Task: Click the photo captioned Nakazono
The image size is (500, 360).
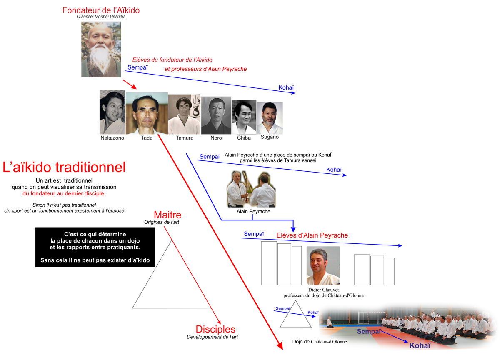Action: point(112,112)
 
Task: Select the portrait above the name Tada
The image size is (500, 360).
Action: point(147,113)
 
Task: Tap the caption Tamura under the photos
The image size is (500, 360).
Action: point(185,137)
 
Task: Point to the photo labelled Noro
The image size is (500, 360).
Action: point(216,115)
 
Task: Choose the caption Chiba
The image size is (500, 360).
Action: point(244,137)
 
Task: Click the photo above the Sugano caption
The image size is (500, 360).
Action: point(270,118)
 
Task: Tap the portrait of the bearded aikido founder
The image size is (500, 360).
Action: point(101,49)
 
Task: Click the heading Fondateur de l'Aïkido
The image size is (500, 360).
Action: point(101,10)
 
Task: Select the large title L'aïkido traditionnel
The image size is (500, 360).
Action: point(64,167)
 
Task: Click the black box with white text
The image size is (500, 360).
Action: point(95,247)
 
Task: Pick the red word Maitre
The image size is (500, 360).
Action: point(167,215)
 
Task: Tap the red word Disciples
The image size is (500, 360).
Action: point(215,329)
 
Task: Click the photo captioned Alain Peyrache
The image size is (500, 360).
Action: point(251,189)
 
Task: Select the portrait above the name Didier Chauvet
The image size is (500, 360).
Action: point(323,265)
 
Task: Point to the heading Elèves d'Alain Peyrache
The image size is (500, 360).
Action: point(312,235)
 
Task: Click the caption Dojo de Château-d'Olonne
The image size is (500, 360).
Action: point(320,342)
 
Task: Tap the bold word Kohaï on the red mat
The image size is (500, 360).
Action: point(420,345)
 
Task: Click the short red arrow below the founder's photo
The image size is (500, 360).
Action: point(130,84)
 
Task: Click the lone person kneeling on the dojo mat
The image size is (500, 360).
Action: point(329,322)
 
